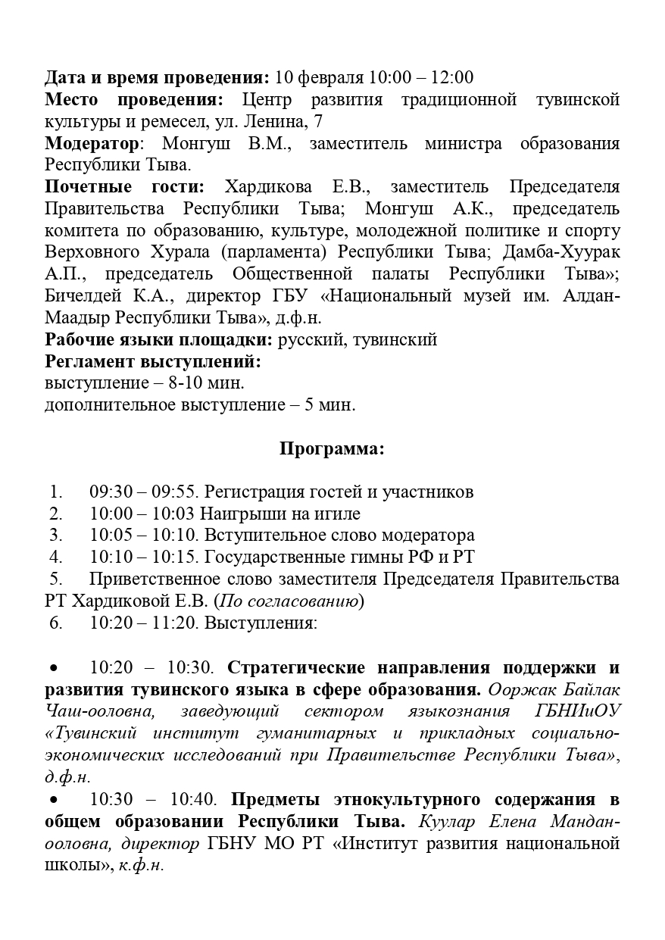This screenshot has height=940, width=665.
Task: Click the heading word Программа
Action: point(332,448)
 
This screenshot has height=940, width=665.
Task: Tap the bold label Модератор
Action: point(92,143)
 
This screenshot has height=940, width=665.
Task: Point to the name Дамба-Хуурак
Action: point(563,252)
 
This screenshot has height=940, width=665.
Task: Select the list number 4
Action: point(55,557)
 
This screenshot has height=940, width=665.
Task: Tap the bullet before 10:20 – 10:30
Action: point(54,668)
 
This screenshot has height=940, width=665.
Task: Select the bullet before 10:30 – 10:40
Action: point(54,800)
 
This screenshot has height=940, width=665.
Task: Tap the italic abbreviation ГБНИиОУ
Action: point(576,712)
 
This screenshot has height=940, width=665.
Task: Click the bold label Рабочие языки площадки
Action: point(159,339)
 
